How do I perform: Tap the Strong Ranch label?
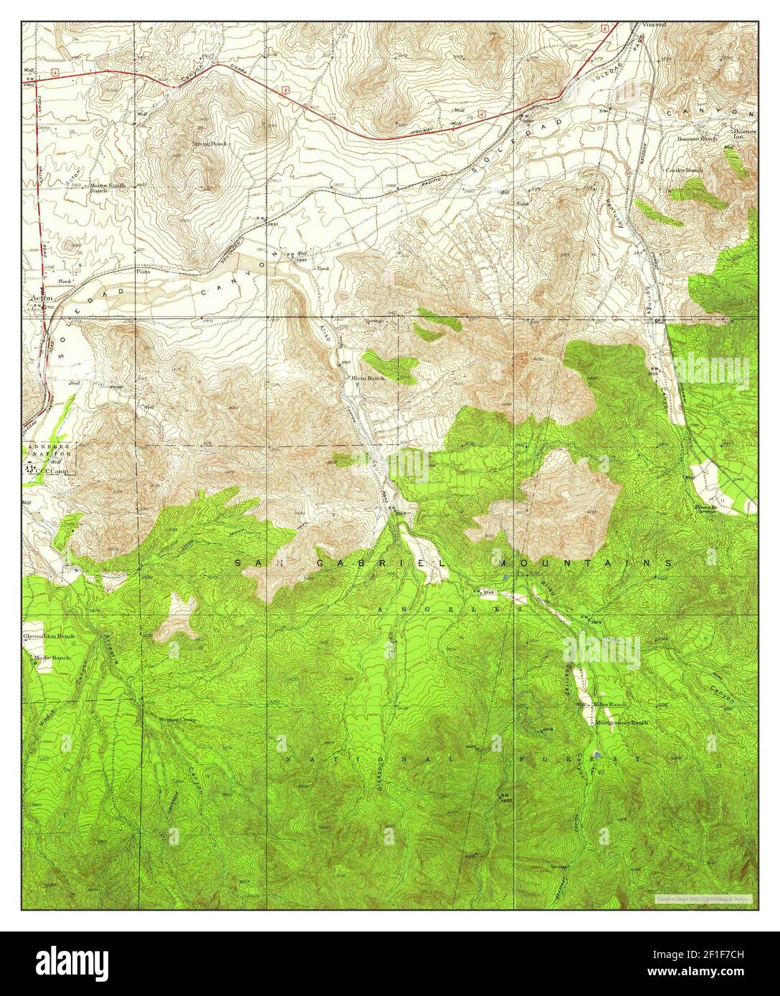tap(209, 144)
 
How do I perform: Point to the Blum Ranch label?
tap(368, 378)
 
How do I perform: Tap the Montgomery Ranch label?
tap(622, 723)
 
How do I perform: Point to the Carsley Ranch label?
tap(685, 171)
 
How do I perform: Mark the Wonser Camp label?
tap(176, 719)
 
